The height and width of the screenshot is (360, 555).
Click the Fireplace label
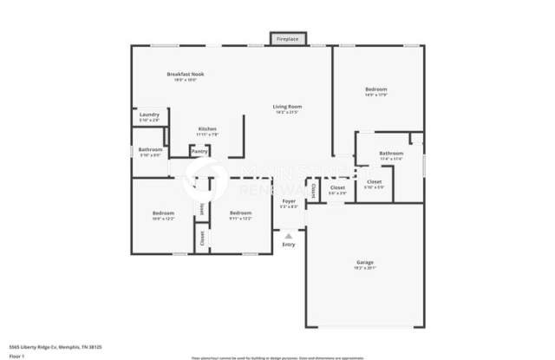[287, 40]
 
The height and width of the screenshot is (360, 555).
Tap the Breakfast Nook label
[186, 75]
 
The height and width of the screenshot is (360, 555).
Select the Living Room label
[287, 107]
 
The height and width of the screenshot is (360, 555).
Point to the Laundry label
[148, 115]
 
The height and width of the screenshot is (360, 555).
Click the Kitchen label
[206, 129]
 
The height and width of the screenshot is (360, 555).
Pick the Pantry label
[199, 151]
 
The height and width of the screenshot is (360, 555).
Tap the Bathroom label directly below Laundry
[150, 150]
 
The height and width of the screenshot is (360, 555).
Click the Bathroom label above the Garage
[391, 154]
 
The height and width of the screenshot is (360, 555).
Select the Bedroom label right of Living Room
[375, 89]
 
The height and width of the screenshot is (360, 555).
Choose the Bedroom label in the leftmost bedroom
[163, 213]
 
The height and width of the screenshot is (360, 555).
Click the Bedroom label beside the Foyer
[240, 213]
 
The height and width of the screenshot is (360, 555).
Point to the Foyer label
[289, 201]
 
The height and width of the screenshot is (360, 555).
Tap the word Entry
[289, 245]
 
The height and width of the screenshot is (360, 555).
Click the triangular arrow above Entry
[289, 234]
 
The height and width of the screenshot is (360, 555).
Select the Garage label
[365, 262]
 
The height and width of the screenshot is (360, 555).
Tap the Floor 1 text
[17, 355]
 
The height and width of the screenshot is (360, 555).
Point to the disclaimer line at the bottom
[277, 357]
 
